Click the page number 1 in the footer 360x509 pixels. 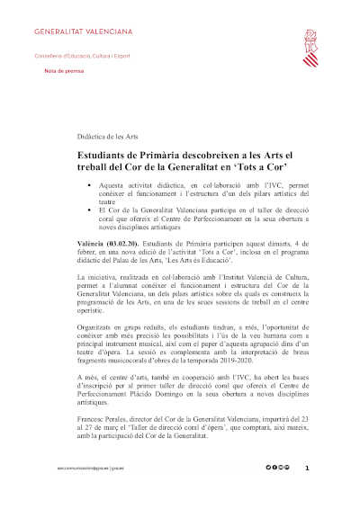coord(307,469)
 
